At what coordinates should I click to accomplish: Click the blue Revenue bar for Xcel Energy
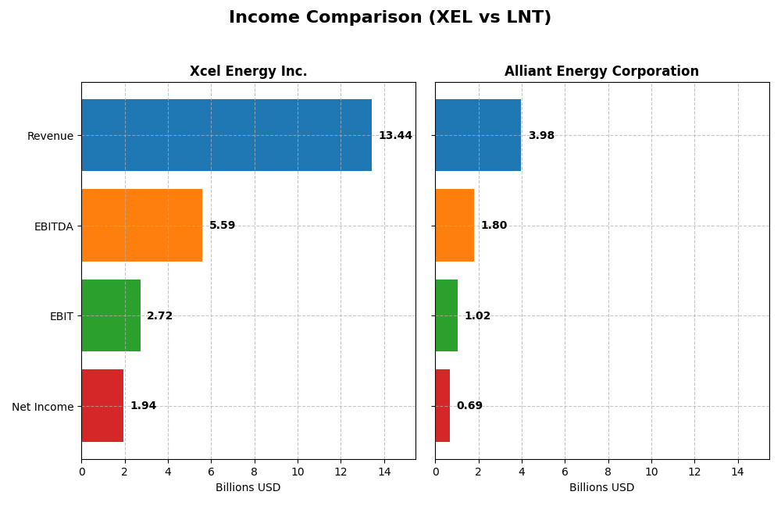click(x=226, y=135)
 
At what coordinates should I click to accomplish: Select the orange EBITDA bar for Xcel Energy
click(x=141, y=226)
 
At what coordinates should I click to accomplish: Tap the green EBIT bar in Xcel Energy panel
click(x=111, y=315)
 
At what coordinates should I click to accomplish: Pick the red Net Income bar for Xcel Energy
click(x=102, y=406)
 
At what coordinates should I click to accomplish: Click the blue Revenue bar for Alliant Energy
click(x=478, y=135)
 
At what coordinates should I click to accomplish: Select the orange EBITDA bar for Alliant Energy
click(x=455, y=226)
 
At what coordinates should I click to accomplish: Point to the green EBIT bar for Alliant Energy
click(x=446, y=315)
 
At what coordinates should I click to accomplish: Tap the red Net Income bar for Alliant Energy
click(x=443, y=406)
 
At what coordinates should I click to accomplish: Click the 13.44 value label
click(x=395, y=136)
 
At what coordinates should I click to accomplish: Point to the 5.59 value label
click(x=222, y=226)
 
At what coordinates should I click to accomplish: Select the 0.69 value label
click(x=469, y=406)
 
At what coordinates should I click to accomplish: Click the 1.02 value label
click(x=477, y=316)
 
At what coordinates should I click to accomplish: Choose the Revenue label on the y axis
click(x=50, y=136)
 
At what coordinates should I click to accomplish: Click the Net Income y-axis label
click(x=43, y=407)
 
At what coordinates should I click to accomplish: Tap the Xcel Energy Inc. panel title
click(x=248, y=72)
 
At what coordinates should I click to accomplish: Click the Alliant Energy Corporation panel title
click(x=601, y=72)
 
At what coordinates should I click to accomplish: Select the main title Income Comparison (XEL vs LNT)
click(x=390, y=18)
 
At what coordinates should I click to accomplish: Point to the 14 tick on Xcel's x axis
click(x=383, y=472)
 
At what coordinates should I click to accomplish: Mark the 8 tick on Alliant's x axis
click(x=608, y=472)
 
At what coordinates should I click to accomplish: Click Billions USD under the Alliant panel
click(x=601, y=488)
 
